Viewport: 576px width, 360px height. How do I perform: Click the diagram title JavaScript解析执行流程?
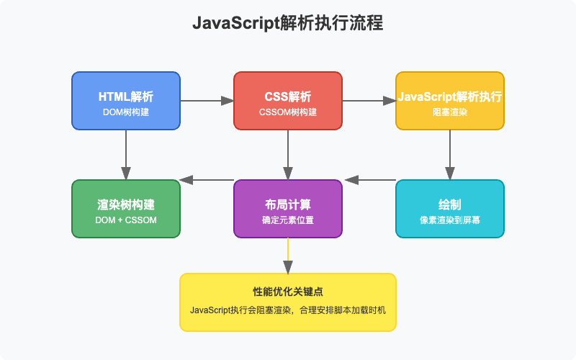(x=288, y=23)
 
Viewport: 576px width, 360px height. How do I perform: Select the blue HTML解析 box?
(x=126, y=100)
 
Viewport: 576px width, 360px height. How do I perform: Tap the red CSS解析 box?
(x=288, y=100)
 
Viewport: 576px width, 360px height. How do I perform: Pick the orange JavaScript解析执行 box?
(x=450, y=100)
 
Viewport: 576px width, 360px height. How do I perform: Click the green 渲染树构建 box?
(x=126, y=208)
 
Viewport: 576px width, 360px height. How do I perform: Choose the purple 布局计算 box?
(x=288, y=208)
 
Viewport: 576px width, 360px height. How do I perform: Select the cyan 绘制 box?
(x=450, y=208)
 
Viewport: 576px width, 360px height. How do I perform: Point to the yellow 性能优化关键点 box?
(x=288, y=302)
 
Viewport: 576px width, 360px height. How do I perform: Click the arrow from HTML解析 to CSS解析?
(x=207, y=101)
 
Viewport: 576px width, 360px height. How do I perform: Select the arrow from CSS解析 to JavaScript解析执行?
(x=369, y=101)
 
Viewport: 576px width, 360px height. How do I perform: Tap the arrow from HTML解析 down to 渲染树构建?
(x=126, y=154)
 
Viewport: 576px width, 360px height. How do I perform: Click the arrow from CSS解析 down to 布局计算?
(x=288, y=154)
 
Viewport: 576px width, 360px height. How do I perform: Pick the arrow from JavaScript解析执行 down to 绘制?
(x=450, y=154)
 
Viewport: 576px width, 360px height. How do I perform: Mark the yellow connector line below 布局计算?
(x=288, y=256)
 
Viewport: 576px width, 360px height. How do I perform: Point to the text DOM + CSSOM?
(x=126, y=220)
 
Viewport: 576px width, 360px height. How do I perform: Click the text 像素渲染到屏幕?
(x=450, y=220)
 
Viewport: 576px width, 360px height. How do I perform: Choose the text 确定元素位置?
(x=288, y=220)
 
